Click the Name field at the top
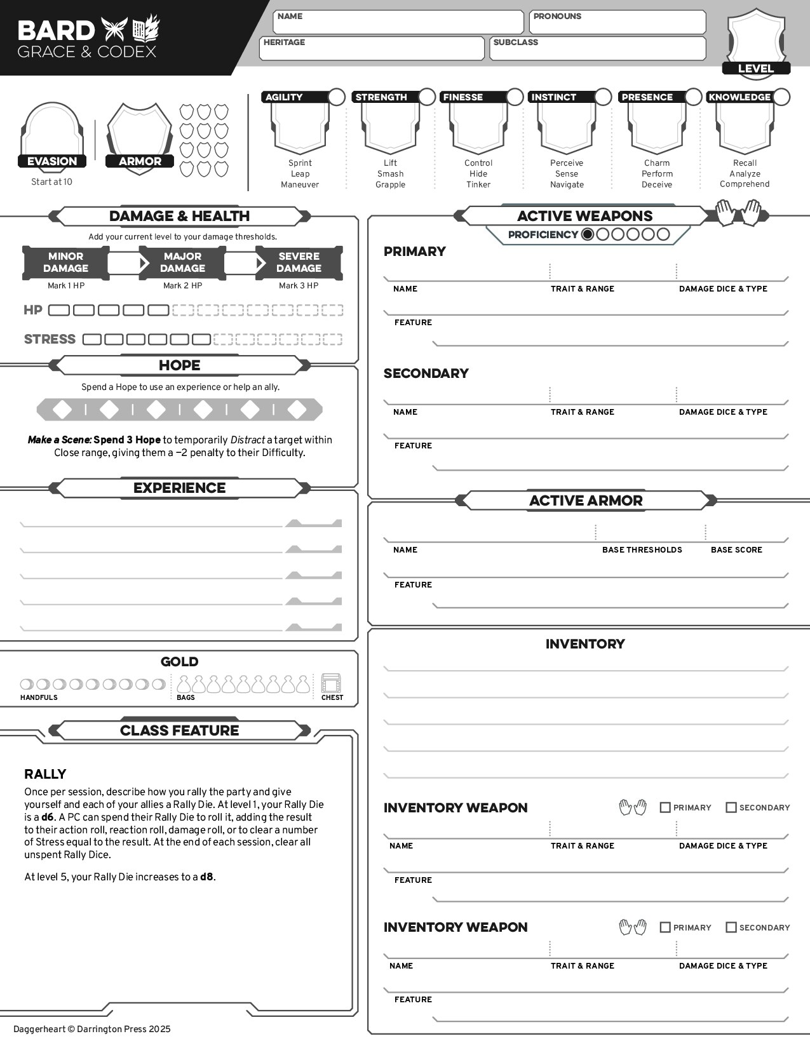coord(398,22)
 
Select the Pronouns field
coord(618,22)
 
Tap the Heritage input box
coord(372,49)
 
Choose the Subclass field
coord(598,49)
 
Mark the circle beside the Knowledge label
coord(781,97)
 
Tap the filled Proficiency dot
coord(588,234)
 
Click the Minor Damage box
coord(65,262)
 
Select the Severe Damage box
coord(299,262)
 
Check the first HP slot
coord(59,311)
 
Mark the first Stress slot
coord(92,339)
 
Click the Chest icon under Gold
coord(331,684)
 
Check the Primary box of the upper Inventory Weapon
coord(665,807)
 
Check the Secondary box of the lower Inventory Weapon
coord(731,927)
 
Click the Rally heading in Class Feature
coord(45,774)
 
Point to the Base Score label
coord(736,550)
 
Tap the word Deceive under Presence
coord(657,185)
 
